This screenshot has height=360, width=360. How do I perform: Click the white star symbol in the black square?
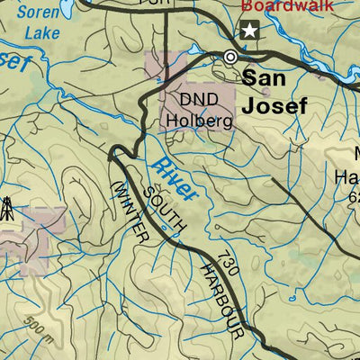click(x=248, y=32)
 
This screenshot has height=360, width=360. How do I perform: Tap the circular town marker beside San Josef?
click(x=231, y=57)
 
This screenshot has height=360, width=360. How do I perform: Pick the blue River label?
click(x=175, y=178)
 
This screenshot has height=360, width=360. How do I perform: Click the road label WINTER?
click(x=130, y=210)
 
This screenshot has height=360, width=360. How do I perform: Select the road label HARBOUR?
click(x=222, y=299)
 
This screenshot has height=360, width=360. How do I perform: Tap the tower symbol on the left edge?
click(x=6, y=210)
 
